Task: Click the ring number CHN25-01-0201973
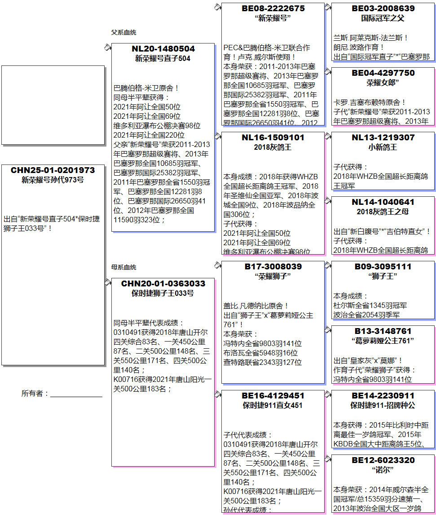pyautogui.click(x=53, y=170)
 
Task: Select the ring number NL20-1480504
pyautogui.click(x=163, y=49)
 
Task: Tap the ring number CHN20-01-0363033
pyautogui.click(x=163, y=284)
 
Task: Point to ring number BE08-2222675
pyautogui.click(x=273, y=9)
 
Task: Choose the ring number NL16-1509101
pyautogui.click(x=273, y=138)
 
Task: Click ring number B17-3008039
pyautogui.click(x=273, y=267)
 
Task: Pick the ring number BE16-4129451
pyautogui.click(x=273, y=396)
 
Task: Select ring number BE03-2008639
pyautogui.click(x=383, y=9)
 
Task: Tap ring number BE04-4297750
pyautogui.click(x=383, y=73)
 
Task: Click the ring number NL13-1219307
pyautogui.click(x=383, y=138)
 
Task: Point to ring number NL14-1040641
pyautogui.click(x=383, y=202)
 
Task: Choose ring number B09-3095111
pyautogui.click(x=383, y=267)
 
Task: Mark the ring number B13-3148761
pyautogui.click(x=383, y=331)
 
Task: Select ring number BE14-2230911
pyautogui.click(x=383, y=396)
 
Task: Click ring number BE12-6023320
pyautogui.click(x=383, y=460)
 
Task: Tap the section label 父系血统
pyautogui.click(x=123, y=32)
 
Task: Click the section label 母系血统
pyautogui.click(x=123, y=267)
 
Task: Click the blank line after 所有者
pyautogui.click(x=76, y=394)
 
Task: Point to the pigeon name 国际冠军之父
pyautogui.click(x=383, y=18)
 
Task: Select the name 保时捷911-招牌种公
pyautogui.click(x=383, y=406)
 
